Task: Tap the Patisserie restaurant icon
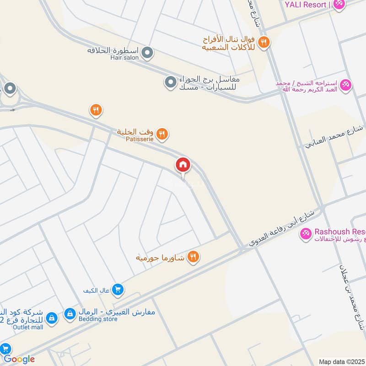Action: (162, 135)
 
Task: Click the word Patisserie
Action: (138, 139)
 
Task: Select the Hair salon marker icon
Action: (147, 54)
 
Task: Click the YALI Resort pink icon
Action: (339, 5)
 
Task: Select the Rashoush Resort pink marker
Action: (305, 233)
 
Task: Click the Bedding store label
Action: (97, 319)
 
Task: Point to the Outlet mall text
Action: (22, 327)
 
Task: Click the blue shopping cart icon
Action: (118, 289)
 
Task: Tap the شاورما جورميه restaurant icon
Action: (194, 258)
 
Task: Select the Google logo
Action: (19, 359)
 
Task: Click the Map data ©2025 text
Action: (341, 361)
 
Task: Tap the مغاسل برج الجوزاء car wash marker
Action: (170, 82)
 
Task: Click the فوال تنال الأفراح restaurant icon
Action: (264, 43)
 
